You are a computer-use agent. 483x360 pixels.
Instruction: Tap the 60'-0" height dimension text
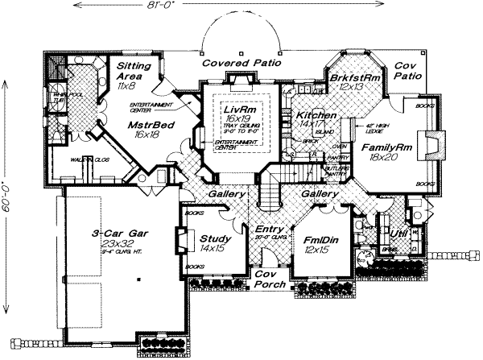7,192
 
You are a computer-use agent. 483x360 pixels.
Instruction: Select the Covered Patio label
239,62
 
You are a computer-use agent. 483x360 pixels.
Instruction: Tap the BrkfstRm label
355,77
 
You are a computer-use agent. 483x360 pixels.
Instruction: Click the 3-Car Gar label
118,233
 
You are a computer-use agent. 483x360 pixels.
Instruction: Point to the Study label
215,239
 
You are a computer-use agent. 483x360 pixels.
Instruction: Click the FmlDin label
320,240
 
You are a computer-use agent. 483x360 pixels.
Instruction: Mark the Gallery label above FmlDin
319,194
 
